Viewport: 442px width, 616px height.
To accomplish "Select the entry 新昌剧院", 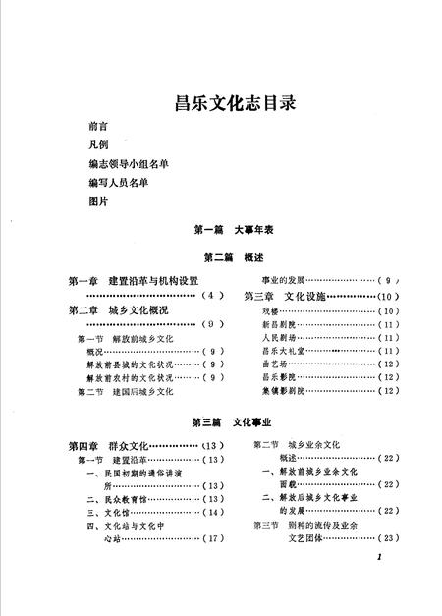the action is [x=275, y=323].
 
